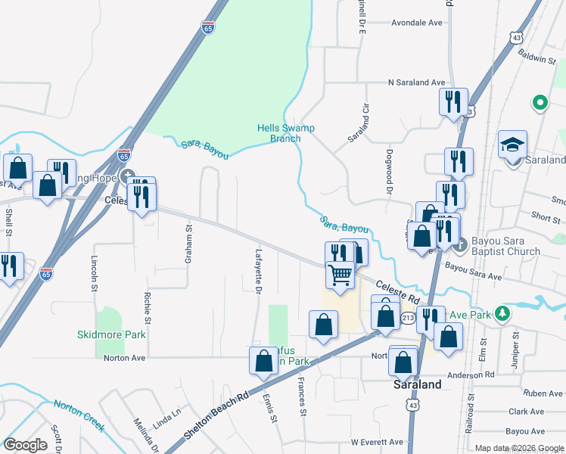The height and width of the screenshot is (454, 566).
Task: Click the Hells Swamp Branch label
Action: coord(285,133)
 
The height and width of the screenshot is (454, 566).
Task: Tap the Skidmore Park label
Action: coord(111,334)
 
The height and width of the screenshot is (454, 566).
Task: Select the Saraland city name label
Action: coord(417,384)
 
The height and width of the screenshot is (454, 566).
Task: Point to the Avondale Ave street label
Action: coord(416,23)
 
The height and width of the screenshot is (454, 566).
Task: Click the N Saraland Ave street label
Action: coord(417,82)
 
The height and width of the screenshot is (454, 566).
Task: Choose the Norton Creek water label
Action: coord(79,415)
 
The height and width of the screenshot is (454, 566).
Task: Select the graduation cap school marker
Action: coord(512,143)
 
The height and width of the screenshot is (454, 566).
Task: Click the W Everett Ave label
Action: coord(377,442)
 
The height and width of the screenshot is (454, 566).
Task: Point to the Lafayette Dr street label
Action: coord(259,272)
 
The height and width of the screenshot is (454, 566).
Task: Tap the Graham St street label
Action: coord(189,248)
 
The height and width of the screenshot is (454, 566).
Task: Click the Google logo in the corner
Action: coord(26,445)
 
